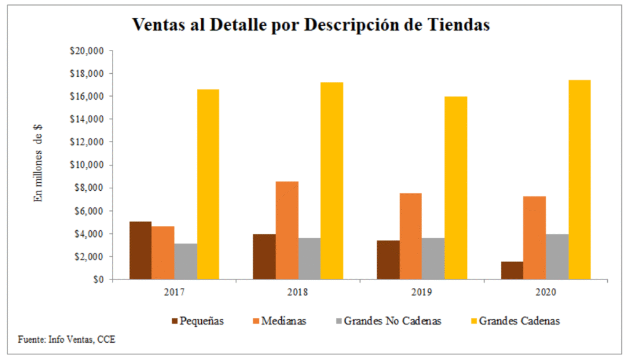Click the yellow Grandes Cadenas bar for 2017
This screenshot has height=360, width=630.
(x=208, y=185)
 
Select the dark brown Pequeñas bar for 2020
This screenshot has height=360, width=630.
(x=512, y=271)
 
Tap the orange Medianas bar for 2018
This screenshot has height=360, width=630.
(x=287, y=231)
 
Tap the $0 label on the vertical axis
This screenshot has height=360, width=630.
(x=97, y=279)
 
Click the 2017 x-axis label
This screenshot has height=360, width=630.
(x=175, y=292)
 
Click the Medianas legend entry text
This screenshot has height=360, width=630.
(x=283, y=321)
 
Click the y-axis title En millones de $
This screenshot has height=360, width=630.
(x=38, y=164)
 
